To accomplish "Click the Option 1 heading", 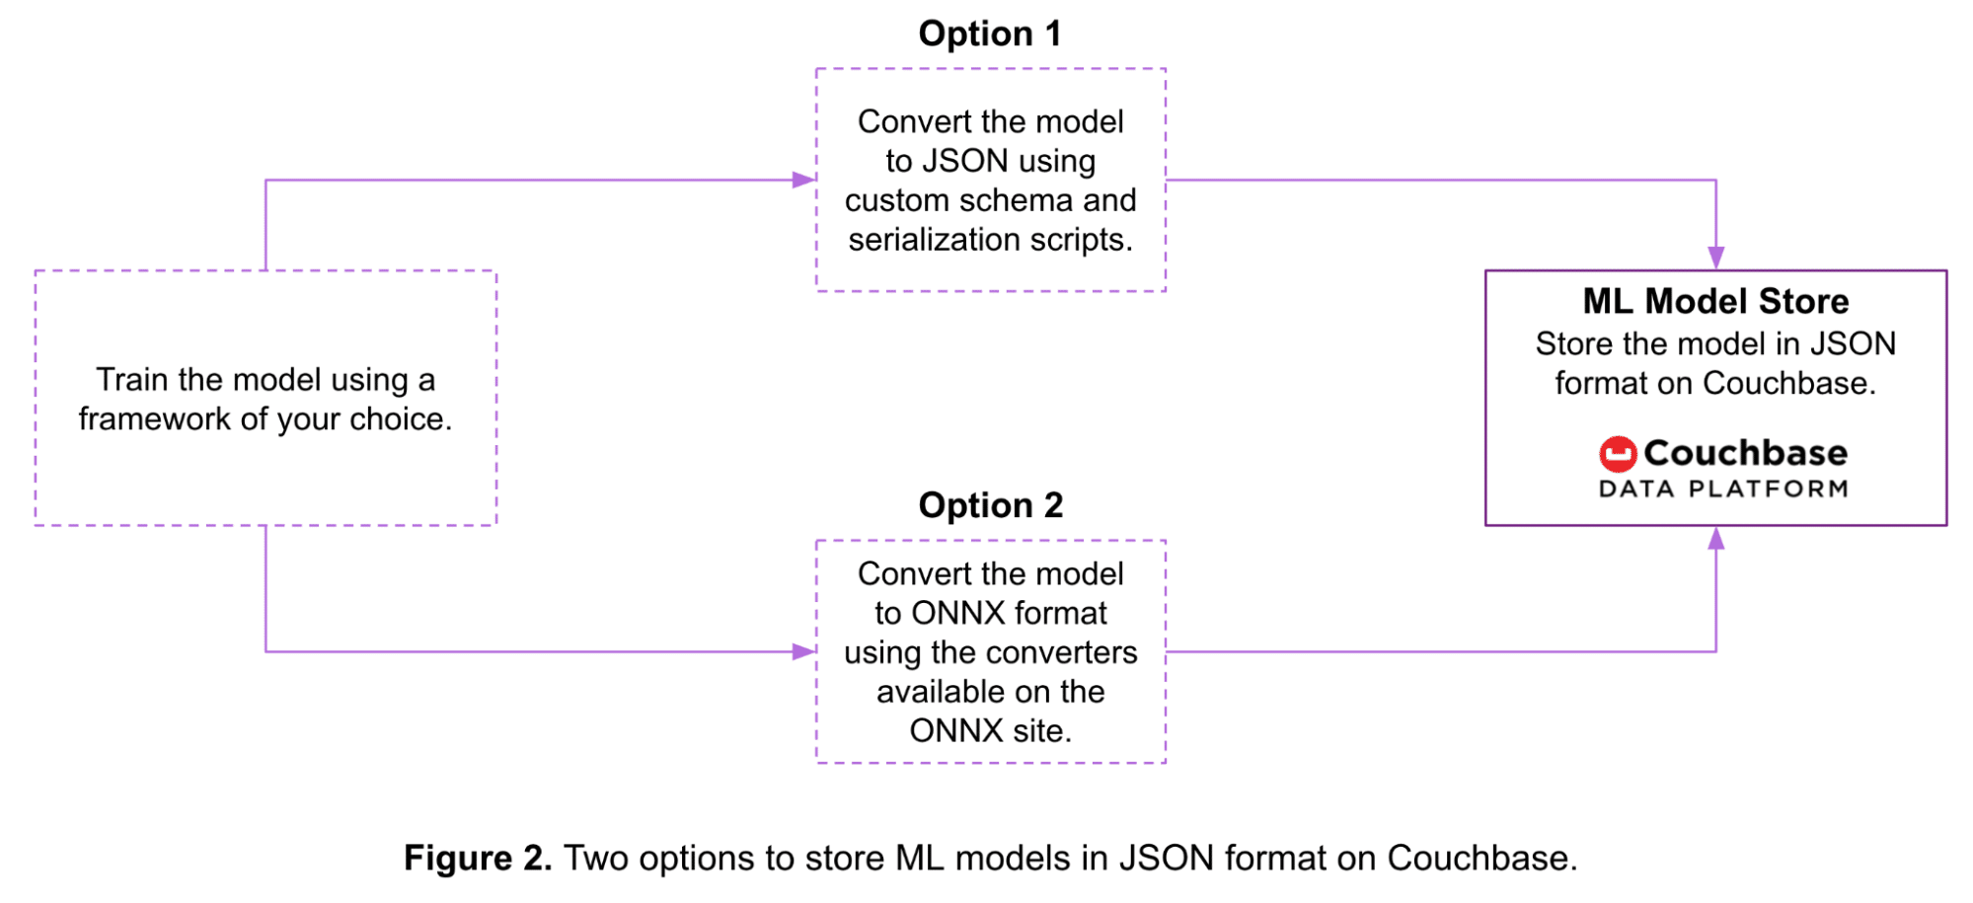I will [989, 34].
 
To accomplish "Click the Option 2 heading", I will [990, 505].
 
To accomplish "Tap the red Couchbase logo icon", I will [1617, 454].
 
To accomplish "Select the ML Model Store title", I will [1715, 301].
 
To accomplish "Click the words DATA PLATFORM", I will [1723, 489].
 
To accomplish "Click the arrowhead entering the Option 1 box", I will [803, 180].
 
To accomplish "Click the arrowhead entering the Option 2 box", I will [803, 651].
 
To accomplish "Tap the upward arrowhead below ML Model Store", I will [1716, 539].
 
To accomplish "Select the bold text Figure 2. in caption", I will [477, 858].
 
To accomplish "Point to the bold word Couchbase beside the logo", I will [1745, 453].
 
